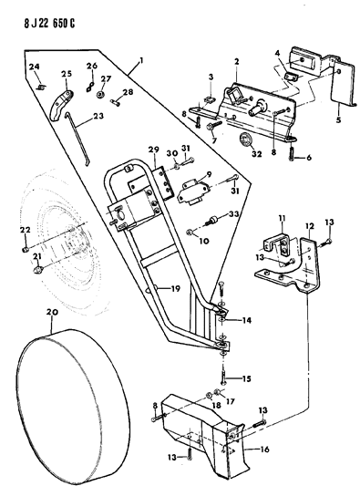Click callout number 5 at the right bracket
[x=338, y=119]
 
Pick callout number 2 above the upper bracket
[x=235, y=61]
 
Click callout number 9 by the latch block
[x=210, y=174]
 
